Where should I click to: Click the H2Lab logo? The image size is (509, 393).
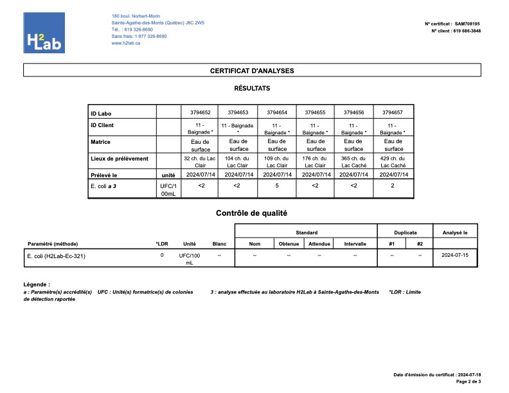[x=44, y=33]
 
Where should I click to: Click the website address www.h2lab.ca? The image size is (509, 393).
[x=126, y=42]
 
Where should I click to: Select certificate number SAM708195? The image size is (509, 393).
[x=467, y=24]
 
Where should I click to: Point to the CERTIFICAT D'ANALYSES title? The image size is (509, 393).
[x=252, y=71]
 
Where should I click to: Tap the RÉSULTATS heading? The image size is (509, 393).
[x=252, y=88]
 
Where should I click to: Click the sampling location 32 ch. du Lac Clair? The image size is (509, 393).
[x=199, y=161]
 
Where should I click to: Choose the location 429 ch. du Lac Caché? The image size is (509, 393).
[x=392, y=161]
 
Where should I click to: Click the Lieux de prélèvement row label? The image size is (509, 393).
[x=120, y=158]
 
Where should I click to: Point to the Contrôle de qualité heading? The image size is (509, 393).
[x=251, y=213]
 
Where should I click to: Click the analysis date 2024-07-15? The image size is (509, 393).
[x=455, y=255]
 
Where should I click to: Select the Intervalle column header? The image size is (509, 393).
[x=355, y=244]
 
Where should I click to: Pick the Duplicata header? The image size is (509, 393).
[x=406, y=232]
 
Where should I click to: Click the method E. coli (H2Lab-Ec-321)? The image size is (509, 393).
[x=56, y=256]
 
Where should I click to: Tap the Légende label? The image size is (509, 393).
[x=36, y=284]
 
